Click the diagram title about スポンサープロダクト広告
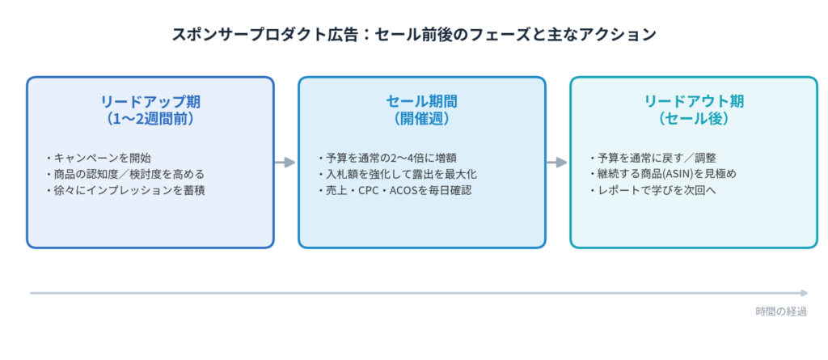(414, 35)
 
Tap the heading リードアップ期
(150, 101)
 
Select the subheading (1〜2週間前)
(150, 118)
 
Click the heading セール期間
(422, 101)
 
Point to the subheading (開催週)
(422, 118)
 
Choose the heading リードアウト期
(694, 101)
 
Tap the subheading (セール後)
(694, 118)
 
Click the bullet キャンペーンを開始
(99, 158)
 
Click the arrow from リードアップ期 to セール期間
(285, 163)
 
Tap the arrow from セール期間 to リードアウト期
(557, 163)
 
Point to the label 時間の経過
(781, 311)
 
